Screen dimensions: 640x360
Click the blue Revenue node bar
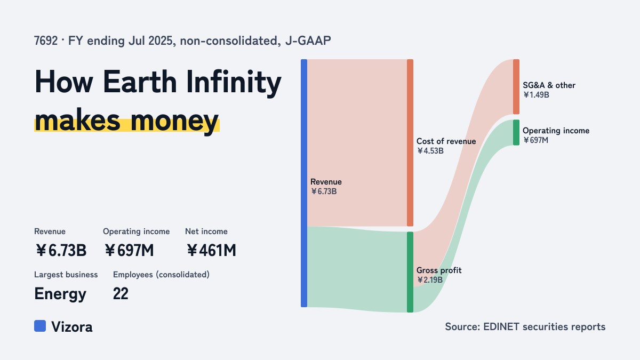tap(304, 183)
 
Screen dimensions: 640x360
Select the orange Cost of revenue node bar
tap(410, 143)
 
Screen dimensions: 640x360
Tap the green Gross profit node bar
tap(410, 272)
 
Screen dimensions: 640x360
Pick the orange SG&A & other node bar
tap(516, 87)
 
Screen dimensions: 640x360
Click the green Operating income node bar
tap(516, 133)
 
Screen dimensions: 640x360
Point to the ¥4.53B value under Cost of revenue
tap(430, 151)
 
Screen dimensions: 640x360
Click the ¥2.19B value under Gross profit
tap(430, 279)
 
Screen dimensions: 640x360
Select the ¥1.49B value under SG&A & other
tap(537, 95)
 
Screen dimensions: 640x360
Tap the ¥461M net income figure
tap(211, 251)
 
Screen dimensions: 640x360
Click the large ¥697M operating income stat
tap(129, 251)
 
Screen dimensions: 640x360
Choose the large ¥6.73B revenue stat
tap(61, 251)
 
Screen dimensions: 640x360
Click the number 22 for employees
tap(121, 294)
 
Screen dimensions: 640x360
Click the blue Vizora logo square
tap(40, 326)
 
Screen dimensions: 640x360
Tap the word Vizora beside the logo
tap(71, 327)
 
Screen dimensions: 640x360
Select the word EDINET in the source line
tap(501, 326)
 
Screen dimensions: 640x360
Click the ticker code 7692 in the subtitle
tap(46, 41)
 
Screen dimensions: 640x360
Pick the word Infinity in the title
tap(234, 82)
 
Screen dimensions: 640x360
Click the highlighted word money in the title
tap(174, 121)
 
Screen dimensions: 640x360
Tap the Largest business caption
tap(66, 275)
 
